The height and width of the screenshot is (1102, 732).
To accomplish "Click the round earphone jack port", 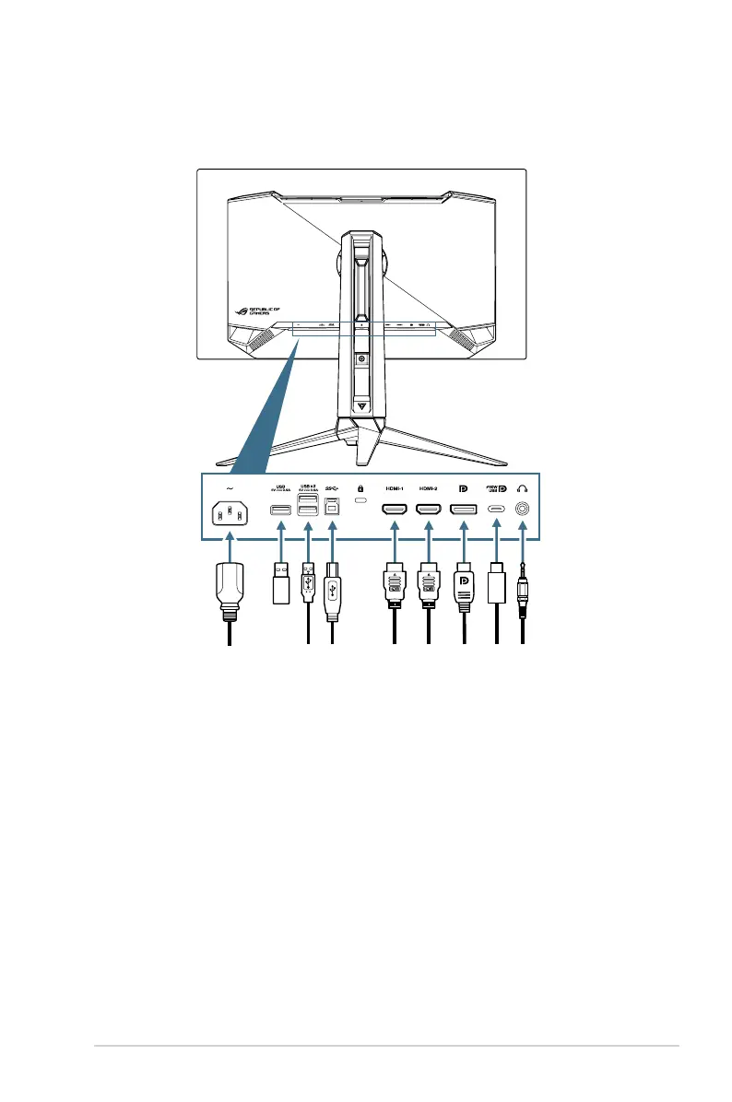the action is pos(524,508).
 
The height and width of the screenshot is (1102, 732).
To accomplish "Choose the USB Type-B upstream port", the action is pos(332,507).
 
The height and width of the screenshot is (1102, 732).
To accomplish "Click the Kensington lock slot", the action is pos(361,503).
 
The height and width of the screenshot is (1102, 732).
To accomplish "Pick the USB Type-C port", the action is pos(497,508).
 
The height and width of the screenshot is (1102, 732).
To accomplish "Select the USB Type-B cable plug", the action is pos(332,589).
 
